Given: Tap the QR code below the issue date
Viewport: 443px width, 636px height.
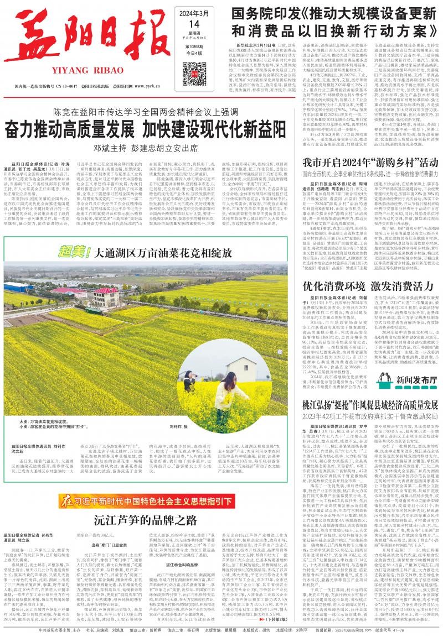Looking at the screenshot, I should pos(196,71).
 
